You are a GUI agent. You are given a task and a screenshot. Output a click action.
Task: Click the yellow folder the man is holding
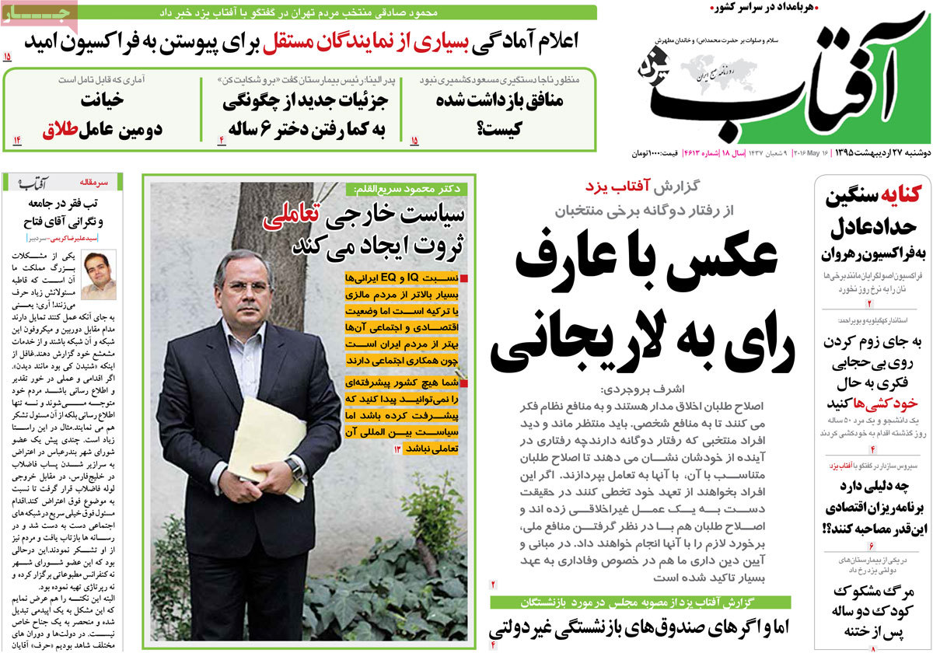pos(268,447)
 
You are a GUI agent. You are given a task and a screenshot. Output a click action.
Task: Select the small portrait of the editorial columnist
pos(99,274)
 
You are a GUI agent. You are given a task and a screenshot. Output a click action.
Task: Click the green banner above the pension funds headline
pos(640,602)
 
